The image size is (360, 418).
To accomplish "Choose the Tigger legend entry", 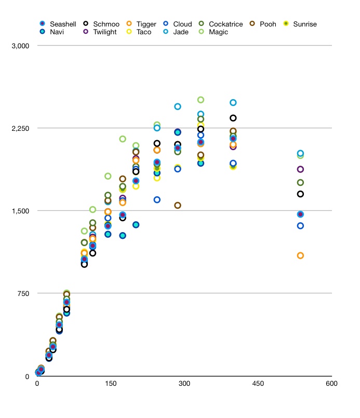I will [146, 24].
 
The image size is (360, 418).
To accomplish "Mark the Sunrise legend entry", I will [304, 24].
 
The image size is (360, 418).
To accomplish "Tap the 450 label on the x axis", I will [258, 384].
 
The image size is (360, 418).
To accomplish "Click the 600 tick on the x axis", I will [331, 384].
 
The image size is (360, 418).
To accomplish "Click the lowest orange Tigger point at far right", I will [300, 255].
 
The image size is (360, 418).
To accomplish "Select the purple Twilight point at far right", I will [300, 169].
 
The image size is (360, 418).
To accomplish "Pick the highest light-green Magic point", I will [201, 100].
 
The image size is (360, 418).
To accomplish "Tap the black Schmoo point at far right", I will [300, 194].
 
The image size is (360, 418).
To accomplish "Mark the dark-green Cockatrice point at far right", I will [300, 182].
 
